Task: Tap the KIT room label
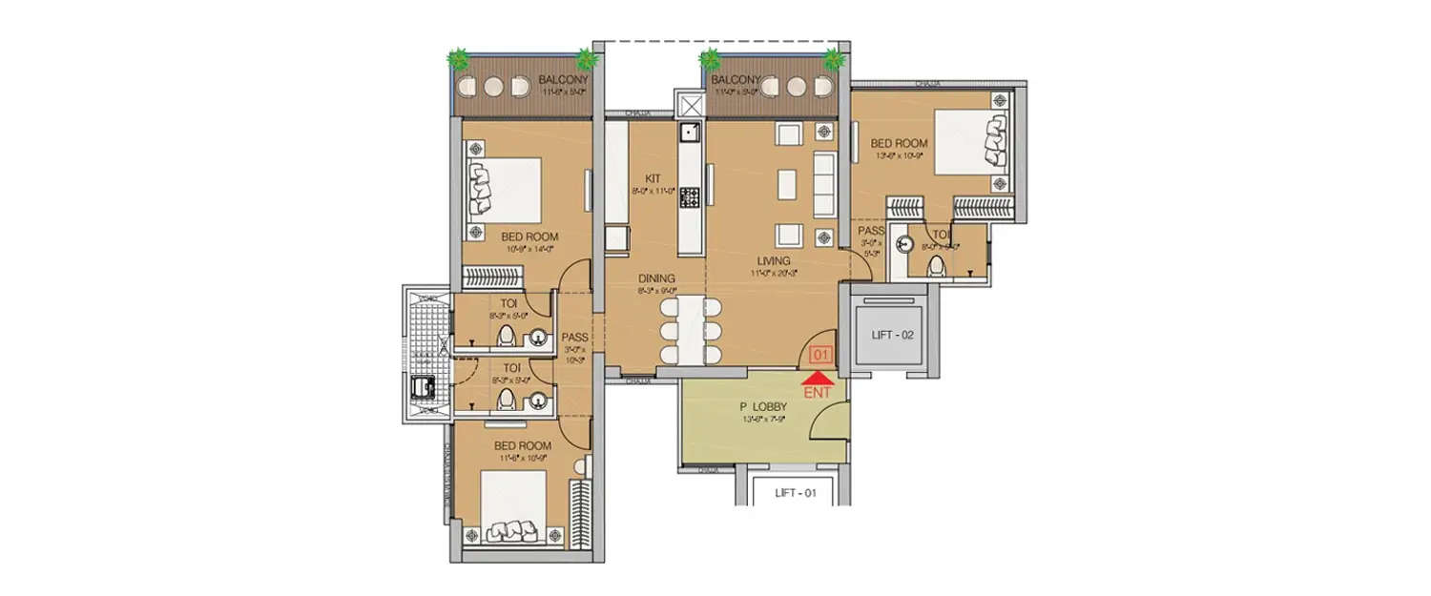[653, 178]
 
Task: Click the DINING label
[657, 278]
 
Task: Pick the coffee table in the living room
[787, 183]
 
